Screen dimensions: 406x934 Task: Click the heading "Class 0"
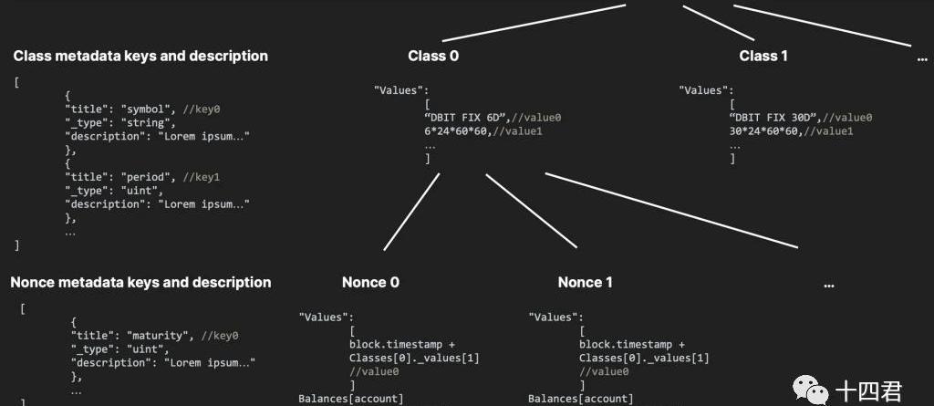tap(433, 56)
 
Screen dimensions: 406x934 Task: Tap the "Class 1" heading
tap(763, 56)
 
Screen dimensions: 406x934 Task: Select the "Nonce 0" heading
tap(370, 282)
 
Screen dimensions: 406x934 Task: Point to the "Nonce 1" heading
tap(586, 282)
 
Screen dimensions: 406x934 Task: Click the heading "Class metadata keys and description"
tap(140, 56)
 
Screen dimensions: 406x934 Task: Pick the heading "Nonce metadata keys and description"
tap(140, 282)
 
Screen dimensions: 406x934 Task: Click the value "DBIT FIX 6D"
tap(467, 118)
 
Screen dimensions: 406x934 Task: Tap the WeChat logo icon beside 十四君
tap(810, 392)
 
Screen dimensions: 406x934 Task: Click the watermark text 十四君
tap(869, 392)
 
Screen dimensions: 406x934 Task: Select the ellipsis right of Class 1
tap(921, 58)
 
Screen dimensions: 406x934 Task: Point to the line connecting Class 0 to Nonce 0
tap(412, 211)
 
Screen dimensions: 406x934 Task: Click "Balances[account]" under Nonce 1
tap(580, 399)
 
